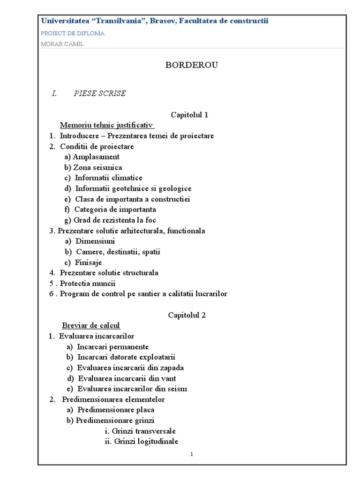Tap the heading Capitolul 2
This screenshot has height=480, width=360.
click(x=187, y=315)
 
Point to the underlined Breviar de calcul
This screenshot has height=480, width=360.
click(x=91, y=325)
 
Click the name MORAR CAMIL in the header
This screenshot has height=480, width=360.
click(x=62, y=44)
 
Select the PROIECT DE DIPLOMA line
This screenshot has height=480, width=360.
click(x=73, y=33)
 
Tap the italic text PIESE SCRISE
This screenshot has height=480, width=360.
click(x=99, y=93)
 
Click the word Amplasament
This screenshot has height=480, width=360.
click(x=96, y=157)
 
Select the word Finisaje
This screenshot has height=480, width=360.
click(x=88, y=262)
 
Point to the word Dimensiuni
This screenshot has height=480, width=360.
click(x=95, y=241)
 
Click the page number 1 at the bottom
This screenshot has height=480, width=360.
click(x=192, y=454)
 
